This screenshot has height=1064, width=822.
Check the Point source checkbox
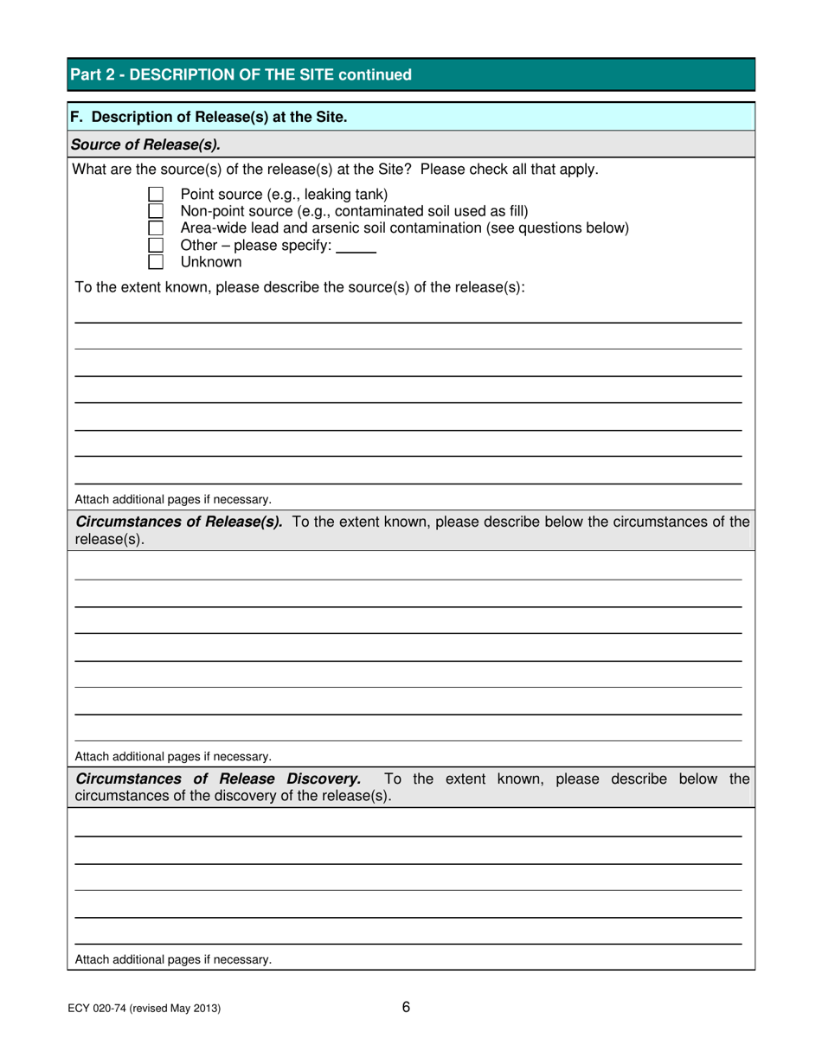157,193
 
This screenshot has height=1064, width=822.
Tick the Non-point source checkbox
157,210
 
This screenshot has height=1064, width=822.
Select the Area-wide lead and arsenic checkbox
157,228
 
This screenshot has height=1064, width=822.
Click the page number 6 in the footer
406,1006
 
